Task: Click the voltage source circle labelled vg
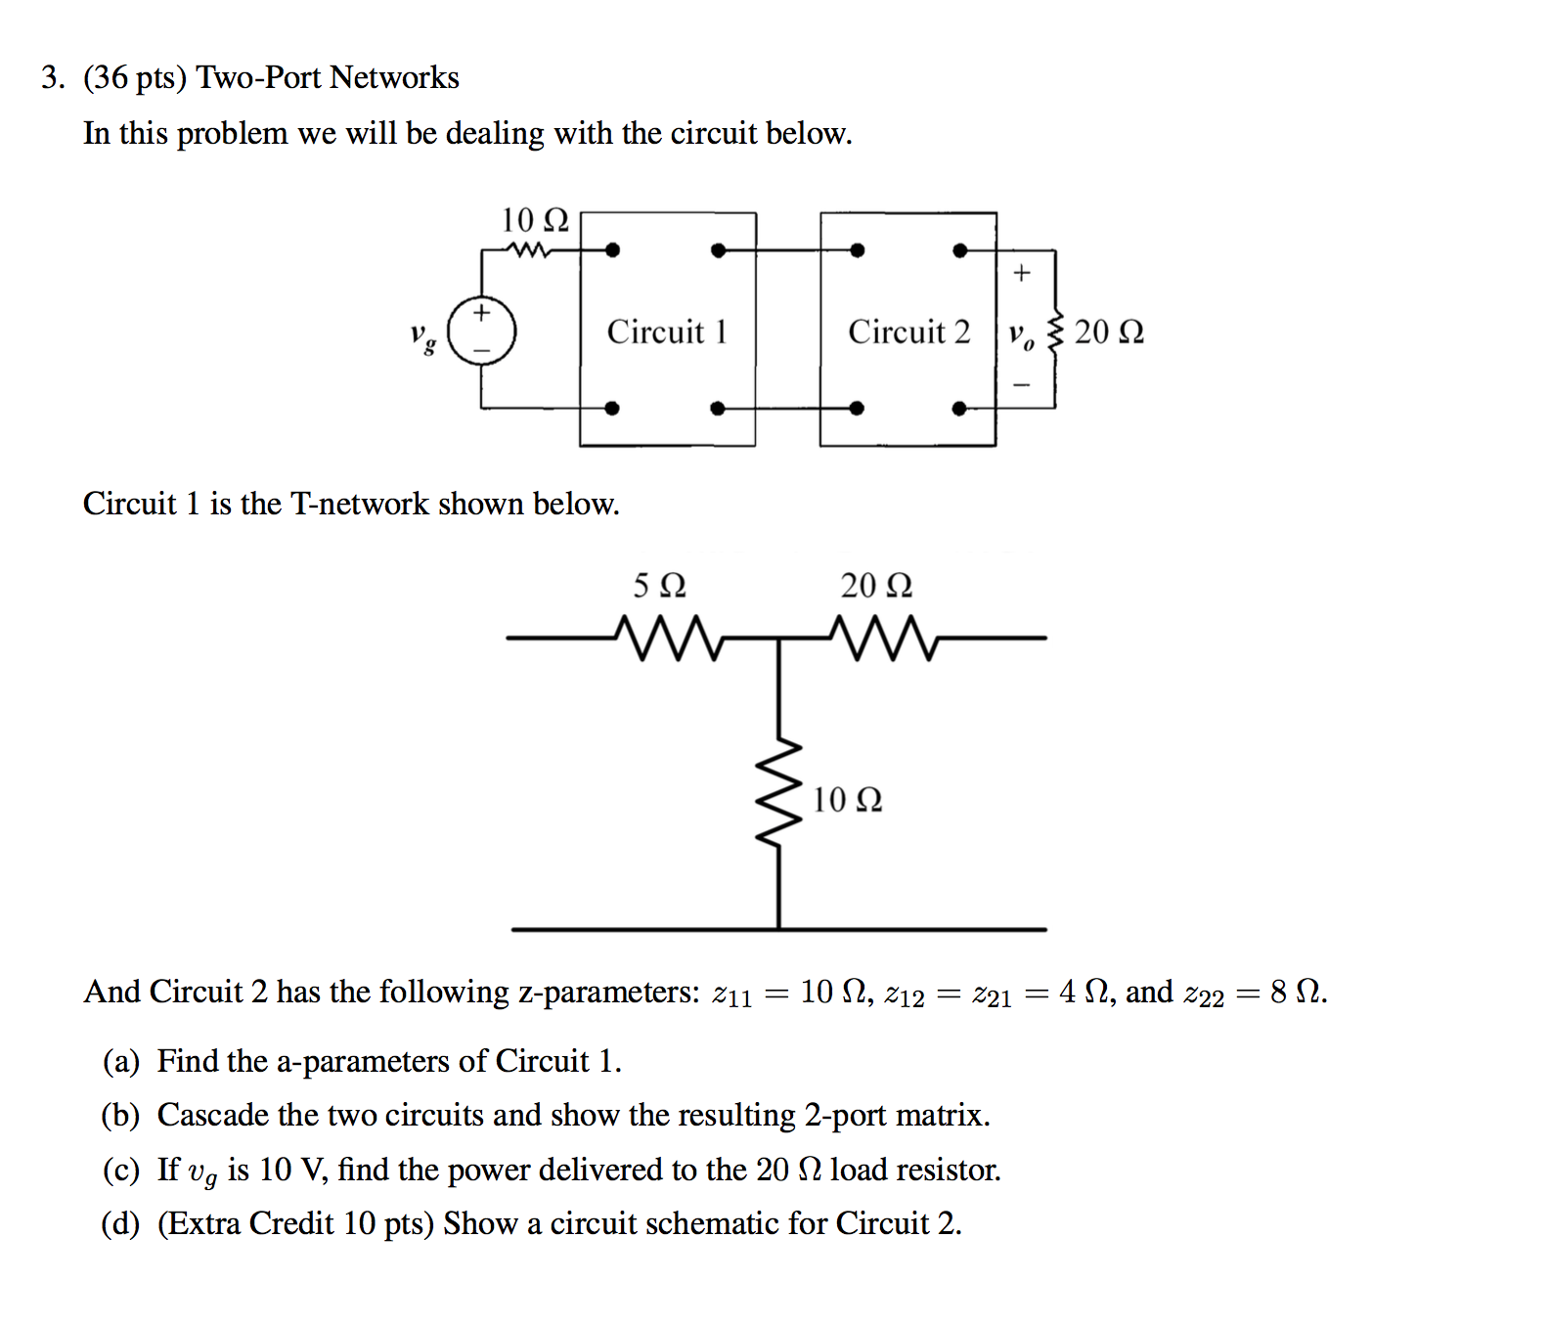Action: coord(481,331)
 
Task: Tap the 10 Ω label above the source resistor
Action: coord(534,220)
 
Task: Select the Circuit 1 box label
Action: coord(667,331)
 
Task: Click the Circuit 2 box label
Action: coord(908,331)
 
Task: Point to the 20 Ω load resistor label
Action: coord(1109,332)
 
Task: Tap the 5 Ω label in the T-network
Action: coord(659,586)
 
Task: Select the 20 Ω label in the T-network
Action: coord(876,586)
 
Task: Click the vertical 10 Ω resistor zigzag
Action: coord(779,795)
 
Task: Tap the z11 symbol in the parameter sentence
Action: coord(731,994)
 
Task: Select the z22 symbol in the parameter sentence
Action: coord(1203,994)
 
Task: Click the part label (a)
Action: coord(121,1062)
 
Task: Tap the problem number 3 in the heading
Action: coord(52,78)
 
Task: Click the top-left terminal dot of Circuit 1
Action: coord(612,250)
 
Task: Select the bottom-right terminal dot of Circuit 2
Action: coord(960,409)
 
